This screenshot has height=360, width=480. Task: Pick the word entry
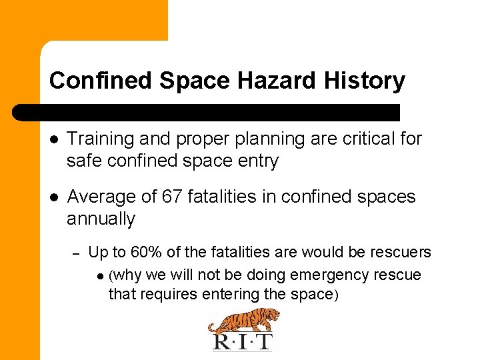click(255, 161)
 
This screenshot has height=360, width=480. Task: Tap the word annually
click(101, 219)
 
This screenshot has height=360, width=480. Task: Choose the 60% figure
click(143, 252)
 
